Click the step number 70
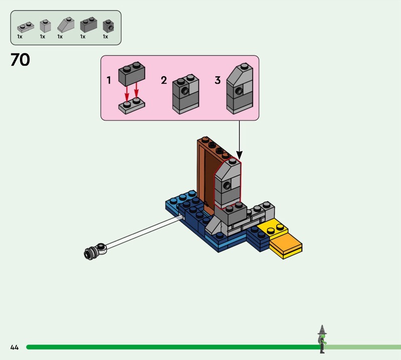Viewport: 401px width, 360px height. tap(20, 60)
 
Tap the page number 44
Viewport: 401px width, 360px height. tap(14, 347)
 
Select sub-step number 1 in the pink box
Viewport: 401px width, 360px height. tap(109, 80)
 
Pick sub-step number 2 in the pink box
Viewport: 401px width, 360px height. tap(164, 80)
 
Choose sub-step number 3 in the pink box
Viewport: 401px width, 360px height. tap(218, 80)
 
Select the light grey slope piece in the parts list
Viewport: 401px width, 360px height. tap(66, 25)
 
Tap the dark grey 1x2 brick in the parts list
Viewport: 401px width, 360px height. tap(88, 25)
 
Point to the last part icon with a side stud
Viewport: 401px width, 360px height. tap(108, 25)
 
